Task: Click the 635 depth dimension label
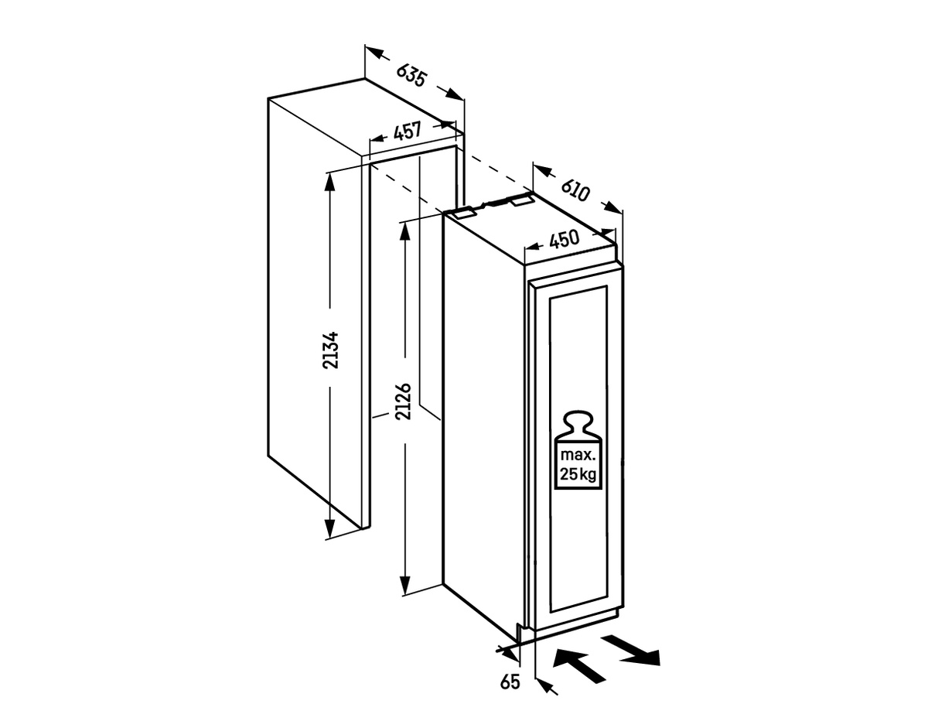click(412, 74)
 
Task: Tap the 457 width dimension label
click(407, 132)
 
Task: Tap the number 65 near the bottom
click(510, 682)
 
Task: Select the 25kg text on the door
click(577, 474)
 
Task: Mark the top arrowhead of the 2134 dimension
click(329, 179)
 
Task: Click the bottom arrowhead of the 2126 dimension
click(404, 585)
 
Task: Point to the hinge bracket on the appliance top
click(464, 211)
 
